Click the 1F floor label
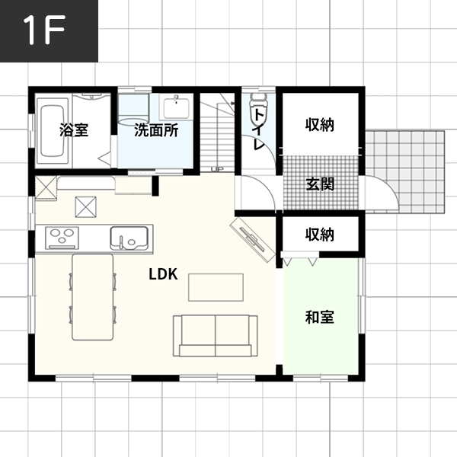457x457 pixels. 44,30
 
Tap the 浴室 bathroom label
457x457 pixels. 74,130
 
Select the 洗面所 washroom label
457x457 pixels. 156,130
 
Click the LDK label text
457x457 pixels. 163,274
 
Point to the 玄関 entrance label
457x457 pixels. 320,184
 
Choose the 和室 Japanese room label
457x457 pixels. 320,317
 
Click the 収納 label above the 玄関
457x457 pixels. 320,125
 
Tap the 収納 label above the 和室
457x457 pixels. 320,235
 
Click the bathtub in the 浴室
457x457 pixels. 53,131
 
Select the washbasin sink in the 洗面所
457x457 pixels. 176,107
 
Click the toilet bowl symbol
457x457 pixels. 258,110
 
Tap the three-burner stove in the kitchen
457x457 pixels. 62,238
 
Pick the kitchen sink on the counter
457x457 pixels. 129,238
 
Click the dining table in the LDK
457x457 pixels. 92,297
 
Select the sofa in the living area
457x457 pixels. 216,336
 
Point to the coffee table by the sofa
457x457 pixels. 216,287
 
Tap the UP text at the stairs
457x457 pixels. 217,169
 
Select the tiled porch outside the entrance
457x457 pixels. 405,172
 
